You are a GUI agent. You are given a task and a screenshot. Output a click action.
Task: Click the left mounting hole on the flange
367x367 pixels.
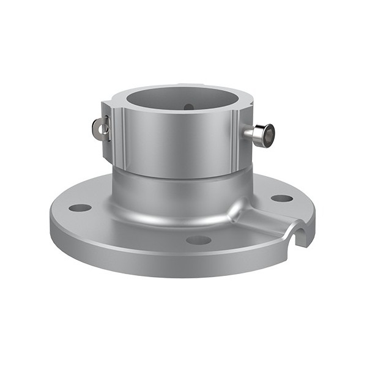(x=80, y=207)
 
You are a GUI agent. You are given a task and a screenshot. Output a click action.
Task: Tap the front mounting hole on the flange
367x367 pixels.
(x=198, y=240)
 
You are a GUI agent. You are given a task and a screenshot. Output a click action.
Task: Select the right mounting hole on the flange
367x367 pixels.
(x=281, y=198)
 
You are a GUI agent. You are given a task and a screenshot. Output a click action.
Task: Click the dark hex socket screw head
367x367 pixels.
(x=267, y=135)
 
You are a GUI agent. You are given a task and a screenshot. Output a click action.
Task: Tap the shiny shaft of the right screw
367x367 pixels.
(x=251, y=133)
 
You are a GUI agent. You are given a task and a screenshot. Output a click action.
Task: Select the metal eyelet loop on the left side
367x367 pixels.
(x=100, y=127)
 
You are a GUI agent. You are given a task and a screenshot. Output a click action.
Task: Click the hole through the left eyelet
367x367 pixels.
(x=98, y=128)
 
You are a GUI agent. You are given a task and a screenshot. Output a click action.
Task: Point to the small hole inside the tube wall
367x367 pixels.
(x=188, y=107)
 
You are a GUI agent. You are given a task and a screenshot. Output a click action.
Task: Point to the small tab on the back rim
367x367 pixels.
(x=177, y=85)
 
